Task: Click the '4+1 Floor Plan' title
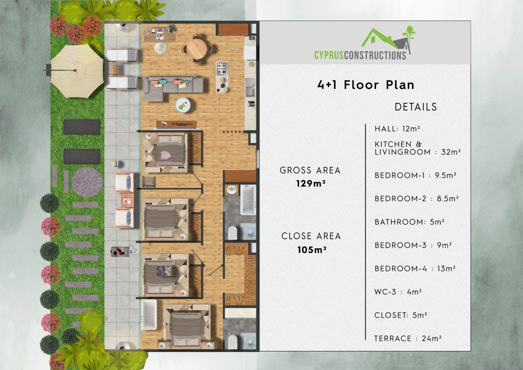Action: coord(365,85)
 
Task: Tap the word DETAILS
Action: coord(416,107)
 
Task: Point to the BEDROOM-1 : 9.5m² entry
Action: coord(415,175)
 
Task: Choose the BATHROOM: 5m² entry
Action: coord(409,222)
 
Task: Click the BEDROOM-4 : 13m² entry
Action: coord(415,269)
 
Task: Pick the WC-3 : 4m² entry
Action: coord(398,292)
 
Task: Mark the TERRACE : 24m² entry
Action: coord(408,338)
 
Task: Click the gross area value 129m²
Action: coord(310,182)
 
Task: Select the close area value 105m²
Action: coord(311,250)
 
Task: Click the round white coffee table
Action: coord(183,105)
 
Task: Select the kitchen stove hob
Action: coord(221,68)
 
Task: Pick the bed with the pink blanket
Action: coord(166,153)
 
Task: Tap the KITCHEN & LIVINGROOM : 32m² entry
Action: coord(417,148)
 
